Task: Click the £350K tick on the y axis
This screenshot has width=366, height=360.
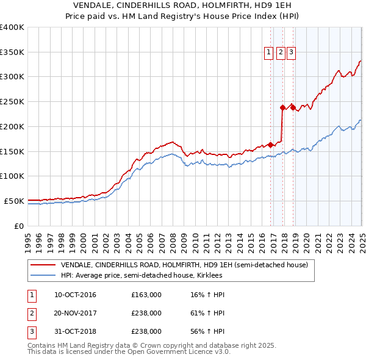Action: [x=12, y=52]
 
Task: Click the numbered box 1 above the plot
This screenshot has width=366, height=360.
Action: [x=269, y=53]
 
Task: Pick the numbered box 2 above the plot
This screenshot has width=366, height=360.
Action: [x=281, y=53]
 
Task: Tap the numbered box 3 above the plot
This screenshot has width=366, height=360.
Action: [x=292, y=53]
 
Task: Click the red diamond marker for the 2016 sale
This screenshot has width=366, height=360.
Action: [x=270, y=145]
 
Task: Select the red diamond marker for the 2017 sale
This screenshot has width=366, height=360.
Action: [x=282, y=107]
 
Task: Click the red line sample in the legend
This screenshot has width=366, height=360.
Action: [x=44, y=265]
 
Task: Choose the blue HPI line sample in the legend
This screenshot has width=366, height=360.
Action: [x=44, y=275]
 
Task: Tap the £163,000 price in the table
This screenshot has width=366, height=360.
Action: [x=146, y=295]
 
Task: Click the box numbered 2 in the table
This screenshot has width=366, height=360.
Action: [x=31, y=313]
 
